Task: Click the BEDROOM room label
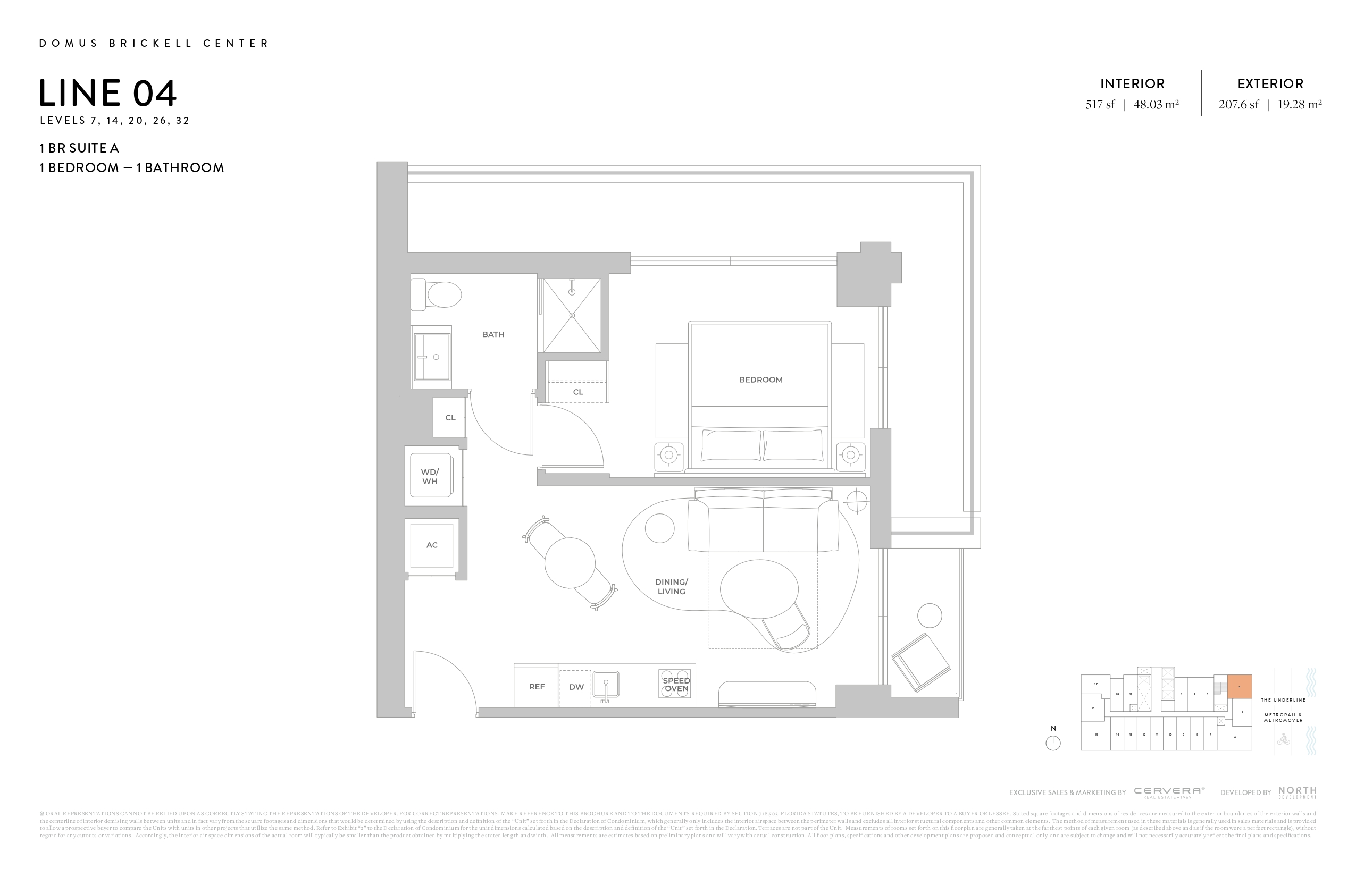coord(760,380)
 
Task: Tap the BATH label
coord(493,334)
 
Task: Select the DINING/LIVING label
coord(671,587)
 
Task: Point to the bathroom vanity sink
coord(432,357)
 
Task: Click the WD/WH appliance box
coord(430,476)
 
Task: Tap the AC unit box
coord(432,545)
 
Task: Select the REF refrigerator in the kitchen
coord(536,687)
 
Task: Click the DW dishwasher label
coord(576,687)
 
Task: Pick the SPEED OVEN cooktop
coord(675,684)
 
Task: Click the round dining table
coord(570,563)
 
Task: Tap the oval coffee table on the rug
coord(759,589)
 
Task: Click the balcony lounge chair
coord(920,662)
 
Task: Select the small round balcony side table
coord(930,615)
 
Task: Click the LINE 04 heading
coord(107,94)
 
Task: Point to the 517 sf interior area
coord(1100,105)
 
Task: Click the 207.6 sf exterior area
coord(1238,105)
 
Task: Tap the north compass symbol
coord(1053,743)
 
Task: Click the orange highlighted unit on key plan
coord(1239,686)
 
